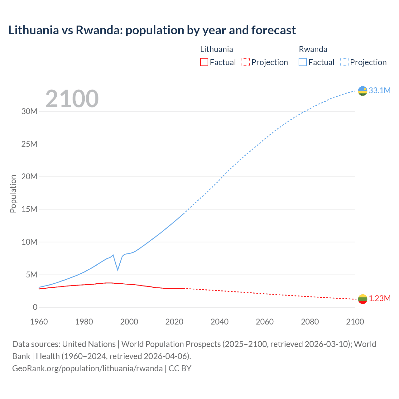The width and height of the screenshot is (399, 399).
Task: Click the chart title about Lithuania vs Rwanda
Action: pyautogui.click(x=152, y=30)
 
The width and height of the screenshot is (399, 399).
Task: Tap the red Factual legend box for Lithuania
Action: pyautogui.click(x=204, y=62)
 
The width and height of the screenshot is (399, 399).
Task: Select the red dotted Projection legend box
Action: pyautogui.click(x=246, y=62)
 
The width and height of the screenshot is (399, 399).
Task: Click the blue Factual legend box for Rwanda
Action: pyautogui.click(x=303, y=62)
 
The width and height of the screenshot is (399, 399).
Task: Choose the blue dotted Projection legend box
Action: pyautogui.click(x=344, y=62)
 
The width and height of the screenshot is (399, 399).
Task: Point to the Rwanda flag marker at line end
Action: pyautogui.click(x=363, y=91)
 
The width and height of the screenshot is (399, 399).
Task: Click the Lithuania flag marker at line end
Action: pyautogui.click(x=363, y=299)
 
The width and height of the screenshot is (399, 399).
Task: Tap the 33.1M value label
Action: pyautogui.click(x=379, y=90)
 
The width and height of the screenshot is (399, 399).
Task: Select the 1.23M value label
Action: pyautogui.click(x=380, y=299)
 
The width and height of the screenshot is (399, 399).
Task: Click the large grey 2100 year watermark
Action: pyautogui.click(x=72, y=99)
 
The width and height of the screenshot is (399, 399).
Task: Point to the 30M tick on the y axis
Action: pyautogui.click(x=29, y=111)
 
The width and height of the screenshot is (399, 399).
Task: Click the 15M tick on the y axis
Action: pyautogui.click(x=29, y=209)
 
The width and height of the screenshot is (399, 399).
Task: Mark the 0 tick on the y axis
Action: pyautogui.click(x=35, y=307)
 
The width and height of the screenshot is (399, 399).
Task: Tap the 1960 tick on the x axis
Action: pyautogui.click(x=39, y=322)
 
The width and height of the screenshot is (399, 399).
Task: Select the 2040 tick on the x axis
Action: pyautogui.click(x=219, y=322)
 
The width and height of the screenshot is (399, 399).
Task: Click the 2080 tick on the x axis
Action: pyautogui.click(x=310, y=322)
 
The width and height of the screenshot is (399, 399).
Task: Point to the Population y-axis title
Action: pyautogui.click(x=13, y=194)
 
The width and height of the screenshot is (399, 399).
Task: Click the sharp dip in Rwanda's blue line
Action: pyautogui.click(x=118, y=269)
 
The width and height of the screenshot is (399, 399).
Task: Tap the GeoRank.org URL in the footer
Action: pyautogui.click(x=87, y=368)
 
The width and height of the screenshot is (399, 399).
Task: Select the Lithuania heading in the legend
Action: pyautogui.click(x=216, y=49)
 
